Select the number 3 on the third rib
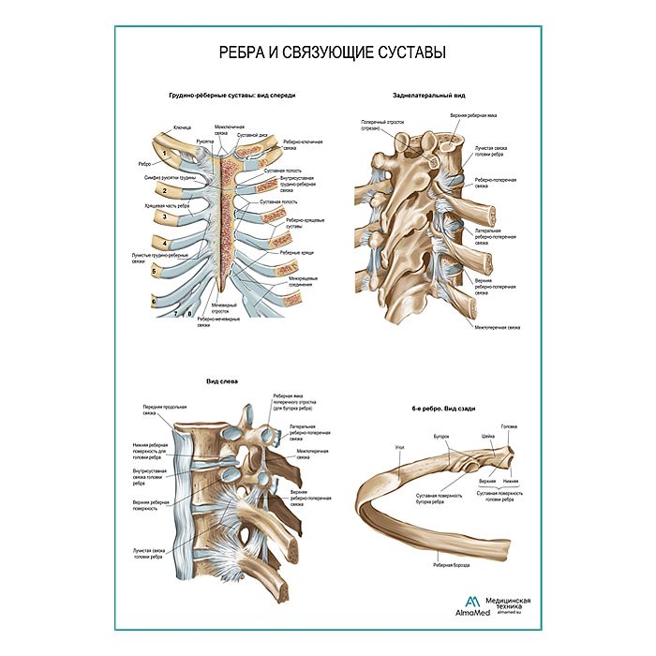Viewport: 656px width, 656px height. point(165,218)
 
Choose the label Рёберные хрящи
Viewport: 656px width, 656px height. point(294,253)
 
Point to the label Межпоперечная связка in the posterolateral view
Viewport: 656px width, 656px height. point(497,328)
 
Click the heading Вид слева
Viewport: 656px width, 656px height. point(219,381)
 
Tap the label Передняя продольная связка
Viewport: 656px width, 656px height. point(145,410)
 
